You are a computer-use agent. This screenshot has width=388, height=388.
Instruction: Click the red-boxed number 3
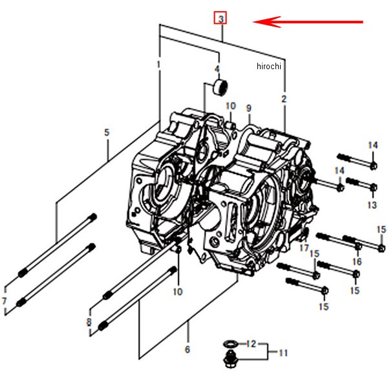(221, 18)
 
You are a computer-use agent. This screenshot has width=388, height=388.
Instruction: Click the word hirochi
(269, 66)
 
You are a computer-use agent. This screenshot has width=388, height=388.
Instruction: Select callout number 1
(158, 65)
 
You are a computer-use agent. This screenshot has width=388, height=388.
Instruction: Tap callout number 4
(217, 69)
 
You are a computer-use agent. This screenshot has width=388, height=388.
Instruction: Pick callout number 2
(283, 99)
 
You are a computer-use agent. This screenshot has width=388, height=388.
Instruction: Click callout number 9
(248, 108)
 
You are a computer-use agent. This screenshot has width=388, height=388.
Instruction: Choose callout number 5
(107, 133)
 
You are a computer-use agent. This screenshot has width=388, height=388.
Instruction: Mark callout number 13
(372, 204)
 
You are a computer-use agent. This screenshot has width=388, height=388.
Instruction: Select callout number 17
(303, 248)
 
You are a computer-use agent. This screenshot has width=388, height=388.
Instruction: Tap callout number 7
(5, 301)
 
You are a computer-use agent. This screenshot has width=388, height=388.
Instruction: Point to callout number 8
(89, 321)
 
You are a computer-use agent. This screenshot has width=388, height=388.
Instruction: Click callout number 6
(187, 350)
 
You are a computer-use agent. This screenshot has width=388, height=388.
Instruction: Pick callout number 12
(253, 343)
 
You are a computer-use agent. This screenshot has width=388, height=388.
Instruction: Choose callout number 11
(283, 352)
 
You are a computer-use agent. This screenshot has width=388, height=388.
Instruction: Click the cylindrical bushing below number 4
(221, 86)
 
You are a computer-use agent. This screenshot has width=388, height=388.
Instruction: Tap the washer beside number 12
(229, 343)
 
